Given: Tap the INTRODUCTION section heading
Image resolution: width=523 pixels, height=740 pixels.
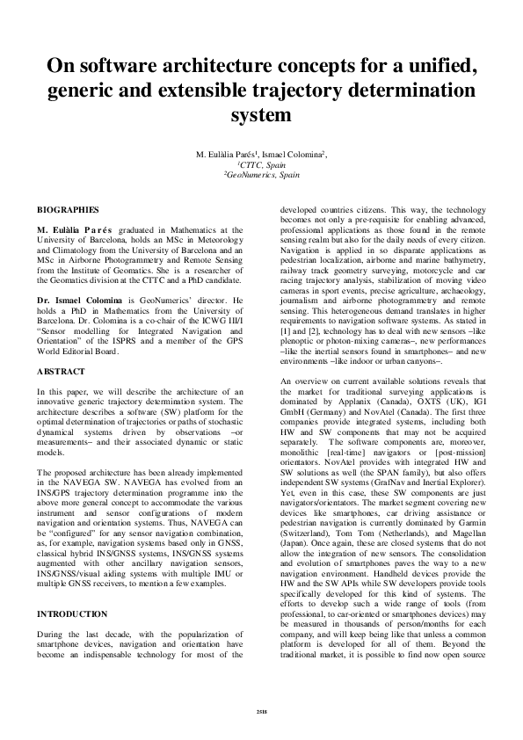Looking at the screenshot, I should click(x=72, y=564).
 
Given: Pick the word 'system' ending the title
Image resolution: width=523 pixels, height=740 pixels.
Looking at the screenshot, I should click(x=260, y=115).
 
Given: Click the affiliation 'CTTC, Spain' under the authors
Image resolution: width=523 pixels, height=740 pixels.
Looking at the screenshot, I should click(x=262, y=164).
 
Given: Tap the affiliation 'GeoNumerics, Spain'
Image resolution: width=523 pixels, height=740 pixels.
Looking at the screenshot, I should click(x=262, y=175).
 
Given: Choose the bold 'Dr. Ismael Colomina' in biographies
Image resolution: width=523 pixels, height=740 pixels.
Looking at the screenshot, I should click(x=76, y=300).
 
